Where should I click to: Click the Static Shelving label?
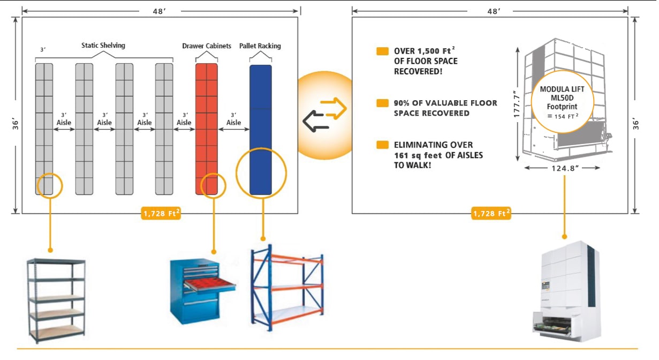point(103,46)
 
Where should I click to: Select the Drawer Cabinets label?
point(207,46)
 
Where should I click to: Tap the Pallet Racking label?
point(260,46)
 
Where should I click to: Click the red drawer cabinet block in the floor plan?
point(207,129)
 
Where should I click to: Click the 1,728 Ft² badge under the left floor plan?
point(161,213)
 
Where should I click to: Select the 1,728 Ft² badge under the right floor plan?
point(491,213)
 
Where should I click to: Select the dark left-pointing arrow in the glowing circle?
point(315,122)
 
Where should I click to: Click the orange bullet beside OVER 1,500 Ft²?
point(382,51)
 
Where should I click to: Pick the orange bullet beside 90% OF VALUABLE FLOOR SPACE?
point(382,103)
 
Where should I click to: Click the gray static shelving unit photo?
point(56,300)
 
